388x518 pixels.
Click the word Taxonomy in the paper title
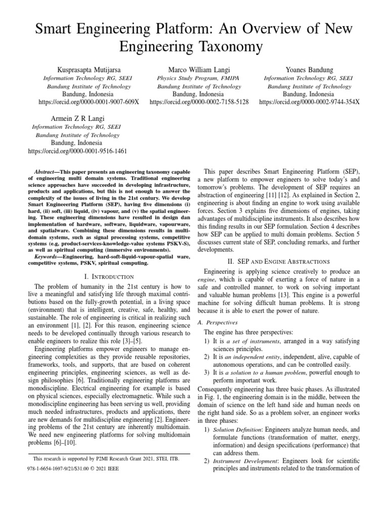(x=230, y=47)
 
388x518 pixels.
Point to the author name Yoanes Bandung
(x=309, y=69)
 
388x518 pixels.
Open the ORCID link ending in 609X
(x=89, y=102)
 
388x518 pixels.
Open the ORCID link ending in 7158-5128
(x=199, y=102)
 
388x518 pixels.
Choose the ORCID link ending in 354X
(x=309, y=102)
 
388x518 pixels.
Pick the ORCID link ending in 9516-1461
(x=77, y=151)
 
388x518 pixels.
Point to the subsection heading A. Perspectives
(x=218, y=322)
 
